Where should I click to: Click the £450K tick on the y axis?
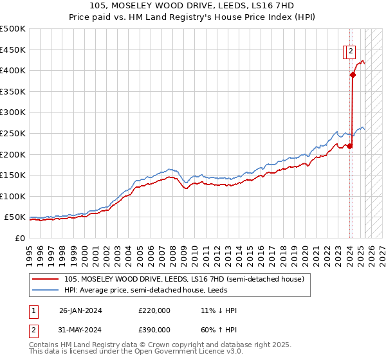(x=13, y=50)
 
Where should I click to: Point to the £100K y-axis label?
(x=13, y=196)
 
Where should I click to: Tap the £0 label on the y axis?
(x=20, y=239)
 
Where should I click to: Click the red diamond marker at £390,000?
(x=353, y=75)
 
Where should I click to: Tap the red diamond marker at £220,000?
(x=349, y=146)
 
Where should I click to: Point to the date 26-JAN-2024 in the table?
(x=80, y=310)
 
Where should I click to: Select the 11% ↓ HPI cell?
(x=219, y=310)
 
